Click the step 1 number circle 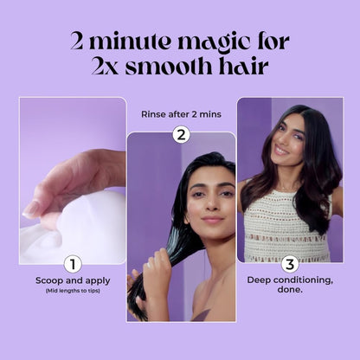[x=73, y=264]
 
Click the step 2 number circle [x=181, y=133]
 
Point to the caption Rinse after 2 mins [x=180, y=112]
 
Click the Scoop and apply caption [x=73, y=280]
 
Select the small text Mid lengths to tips [x=73, y=291]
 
